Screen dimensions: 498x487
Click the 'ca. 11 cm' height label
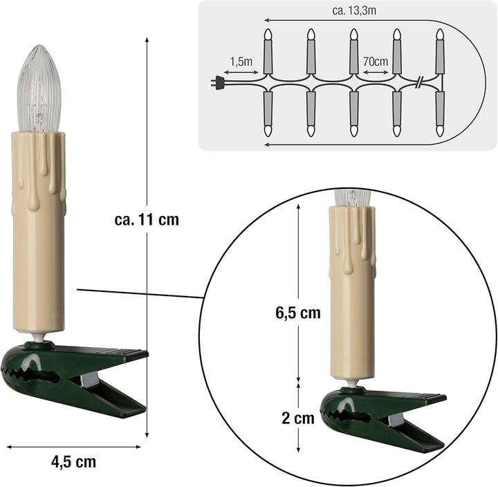(x=147, y=219)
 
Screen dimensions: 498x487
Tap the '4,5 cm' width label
(x=74, y=461)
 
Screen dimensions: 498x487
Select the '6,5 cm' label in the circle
(x=298, y=313)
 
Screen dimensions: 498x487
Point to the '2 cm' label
(x=298, y=418)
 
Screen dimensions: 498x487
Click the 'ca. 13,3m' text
(x=354, y=10)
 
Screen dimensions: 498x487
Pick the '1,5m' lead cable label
(x=241, y=62)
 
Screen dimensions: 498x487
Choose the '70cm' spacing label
(x=376, y=61)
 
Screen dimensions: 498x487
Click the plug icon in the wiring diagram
(x=218, y=82)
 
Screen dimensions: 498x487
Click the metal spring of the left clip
(x=89, y=380)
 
